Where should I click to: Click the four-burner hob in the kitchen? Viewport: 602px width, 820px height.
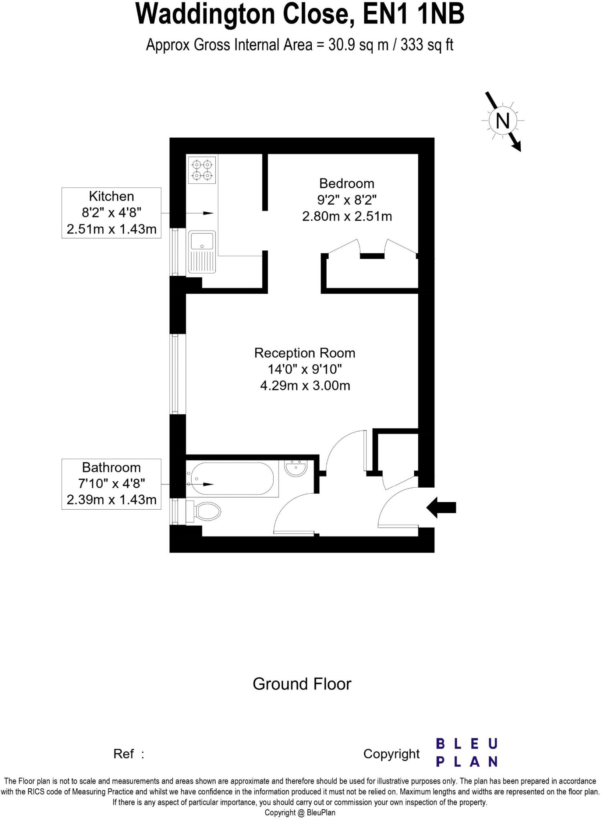[202, 169]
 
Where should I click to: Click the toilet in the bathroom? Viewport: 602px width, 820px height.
[204, 511]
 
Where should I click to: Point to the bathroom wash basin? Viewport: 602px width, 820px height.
[296, 468]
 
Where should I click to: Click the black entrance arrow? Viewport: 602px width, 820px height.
[441, 508]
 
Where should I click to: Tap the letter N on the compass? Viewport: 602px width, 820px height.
[503, 121]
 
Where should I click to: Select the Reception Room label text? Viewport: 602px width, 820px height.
[305, 353]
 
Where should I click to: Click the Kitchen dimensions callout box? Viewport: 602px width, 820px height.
[111, 213]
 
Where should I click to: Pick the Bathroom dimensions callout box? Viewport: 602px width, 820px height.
[111, 484]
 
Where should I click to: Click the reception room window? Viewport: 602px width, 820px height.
[175, 374]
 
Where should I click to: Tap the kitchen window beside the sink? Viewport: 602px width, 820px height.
[175, 252]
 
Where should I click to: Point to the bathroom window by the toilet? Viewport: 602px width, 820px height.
[175, 511]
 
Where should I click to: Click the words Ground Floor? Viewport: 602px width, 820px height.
[302, 684]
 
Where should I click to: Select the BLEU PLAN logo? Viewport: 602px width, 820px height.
[467, 752]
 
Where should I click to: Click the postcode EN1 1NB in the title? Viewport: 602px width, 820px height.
[414, 14]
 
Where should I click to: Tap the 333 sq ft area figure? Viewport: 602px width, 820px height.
[427, 45]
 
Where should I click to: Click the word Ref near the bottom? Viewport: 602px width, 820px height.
[123, 754]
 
